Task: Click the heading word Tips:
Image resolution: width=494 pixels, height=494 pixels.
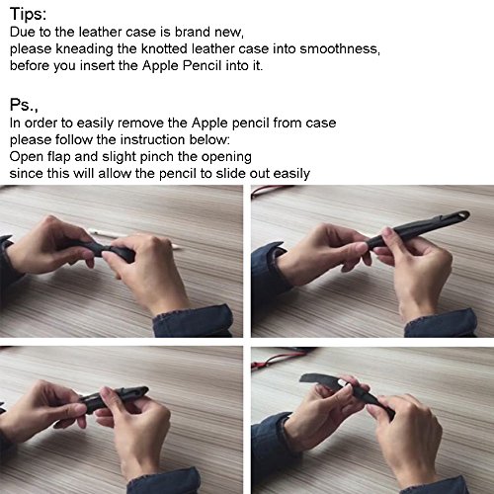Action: coord(29,15)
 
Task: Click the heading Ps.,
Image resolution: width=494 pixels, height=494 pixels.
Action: coord(24,106)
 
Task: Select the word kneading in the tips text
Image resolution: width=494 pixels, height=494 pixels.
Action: coord(84,49)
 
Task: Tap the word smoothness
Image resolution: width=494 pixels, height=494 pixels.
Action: coord(340,48)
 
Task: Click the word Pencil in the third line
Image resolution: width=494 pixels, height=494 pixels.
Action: coord(202,65)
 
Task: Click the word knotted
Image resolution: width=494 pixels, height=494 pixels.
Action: coord(164,48)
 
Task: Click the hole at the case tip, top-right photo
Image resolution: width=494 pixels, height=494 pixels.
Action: coord(462,215)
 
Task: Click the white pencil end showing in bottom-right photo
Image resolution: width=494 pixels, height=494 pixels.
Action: coord(344,384)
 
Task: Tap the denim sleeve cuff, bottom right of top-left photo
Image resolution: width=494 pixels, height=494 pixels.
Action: coord(195,321)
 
